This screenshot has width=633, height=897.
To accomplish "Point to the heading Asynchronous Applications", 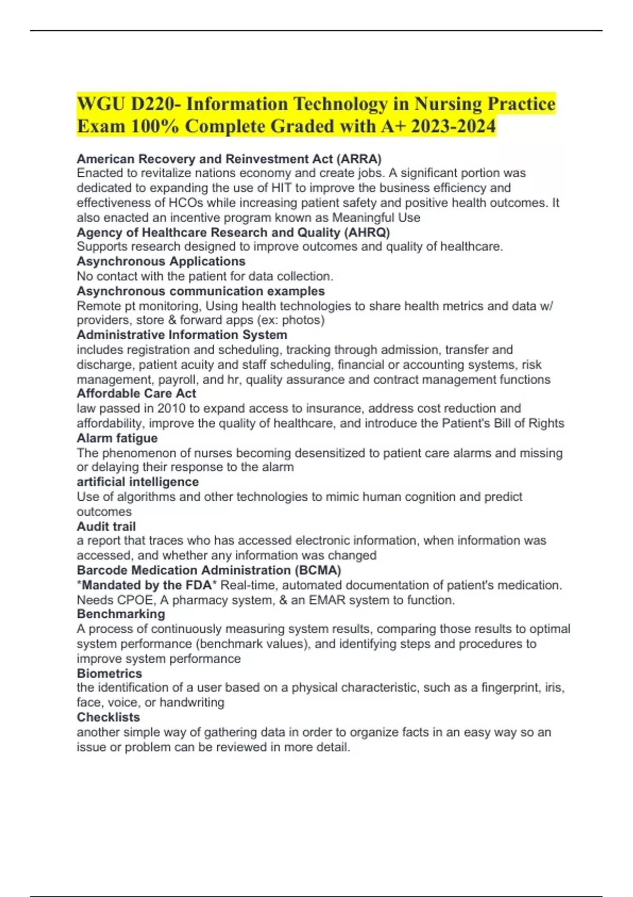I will click(161, 262).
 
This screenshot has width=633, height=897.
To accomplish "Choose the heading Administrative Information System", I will click(182, 335).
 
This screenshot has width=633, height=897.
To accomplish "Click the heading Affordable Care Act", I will click(136, 394).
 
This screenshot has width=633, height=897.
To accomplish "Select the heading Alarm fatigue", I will click(117, 438).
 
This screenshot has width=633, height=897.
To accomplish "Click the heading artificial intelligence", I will click(138, 482).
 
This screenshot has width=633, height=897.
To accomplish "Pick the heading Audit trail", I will click(106, 527).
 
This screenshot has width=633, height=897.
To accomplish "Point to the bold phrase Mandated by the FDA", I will click(147, 585).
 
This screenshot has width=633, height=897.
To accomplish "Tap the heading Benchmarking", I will click(121, 614).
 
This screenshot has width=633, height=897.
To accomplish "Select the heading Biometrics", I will click(109, 674).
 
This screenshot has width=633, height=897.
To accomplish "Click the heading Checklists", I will click(108, 718).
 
